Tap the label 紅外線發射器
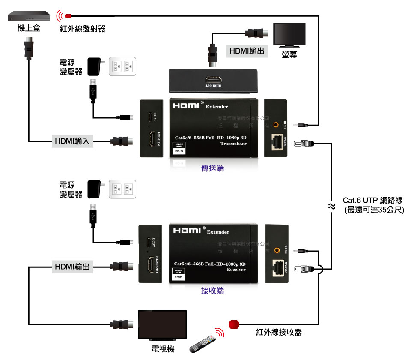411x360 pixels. pos(82,29)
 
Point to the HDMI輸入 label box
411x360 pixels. pos(72,141)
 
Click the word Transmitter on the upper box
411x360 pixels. pos(233,144)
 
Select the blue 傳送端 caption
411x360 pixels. pos(212,168)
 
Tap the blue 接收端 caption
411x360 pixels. pos(212,291)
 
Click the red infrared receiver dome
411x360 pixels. pos(234,324)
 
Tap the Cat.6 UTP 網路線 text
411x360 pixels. pos(373,201)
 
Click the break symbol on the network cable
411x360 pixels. pos(331,207)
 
